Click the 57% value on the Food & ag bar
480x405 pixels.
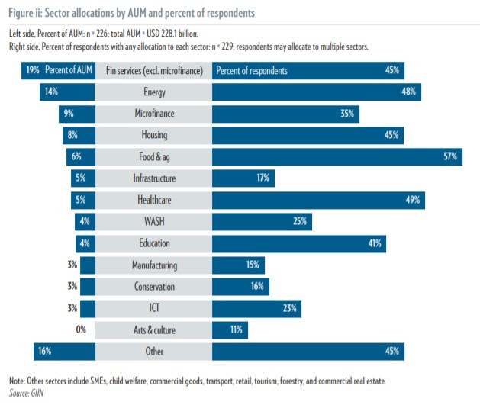point(449,156)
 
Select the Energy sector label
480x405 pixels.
point(153,92)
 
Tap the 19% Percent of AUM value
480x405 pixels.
point(33,70)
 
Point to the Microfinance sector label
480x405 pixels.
point(153,114)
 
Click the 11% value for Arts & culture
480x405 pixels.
point(236,329)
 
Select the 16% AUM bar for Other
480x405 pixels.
point(65,352)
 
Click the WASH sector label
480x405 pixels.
point(153,222)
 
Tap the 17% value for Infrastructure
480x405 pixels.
point(261,178)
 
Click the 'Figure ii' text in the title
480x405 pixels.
point(28,13)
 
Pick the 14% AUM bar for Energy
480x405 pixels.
point(67,92)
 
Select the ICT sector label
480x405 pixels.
point(153,308)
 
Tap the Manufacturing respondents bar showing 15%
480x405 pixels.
point(239,265)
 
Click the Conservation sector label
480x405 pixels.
point(153,287)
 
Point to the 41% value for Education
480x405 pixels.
point(374,243)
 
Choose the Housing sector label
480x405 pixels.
point(153,135)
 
